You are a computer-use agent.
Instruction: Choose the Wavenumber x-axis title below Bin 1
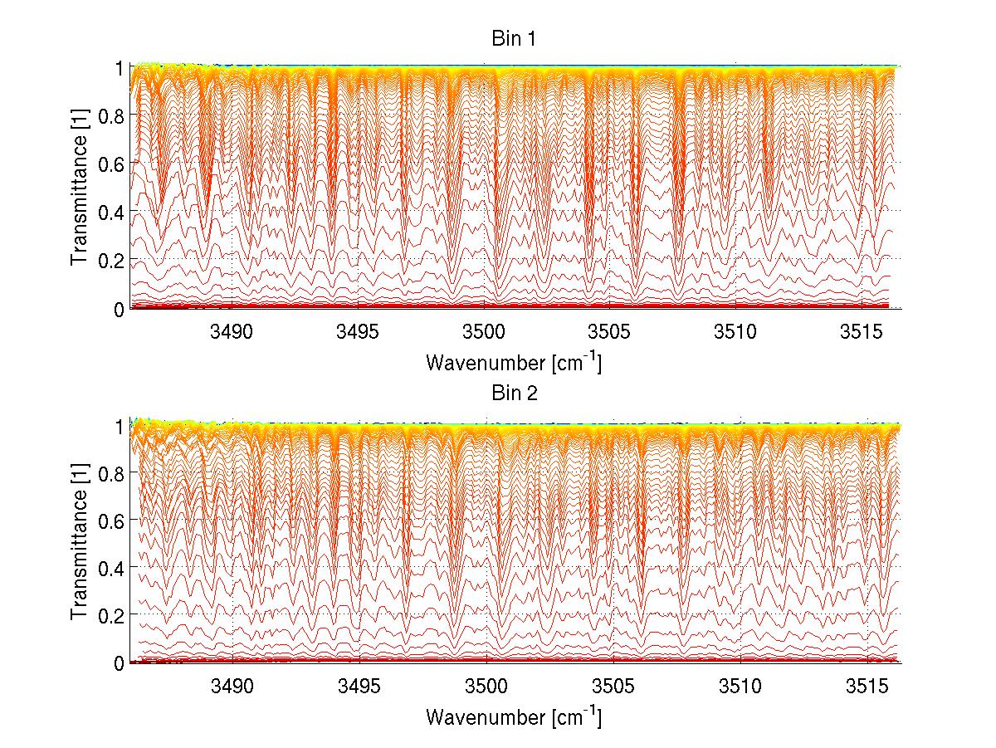(513, 363)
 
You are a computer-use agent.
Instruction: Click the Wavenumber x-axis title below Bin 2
(513, 716)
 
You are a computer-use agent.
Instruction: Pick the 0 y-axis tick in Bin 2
(120, 663)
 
